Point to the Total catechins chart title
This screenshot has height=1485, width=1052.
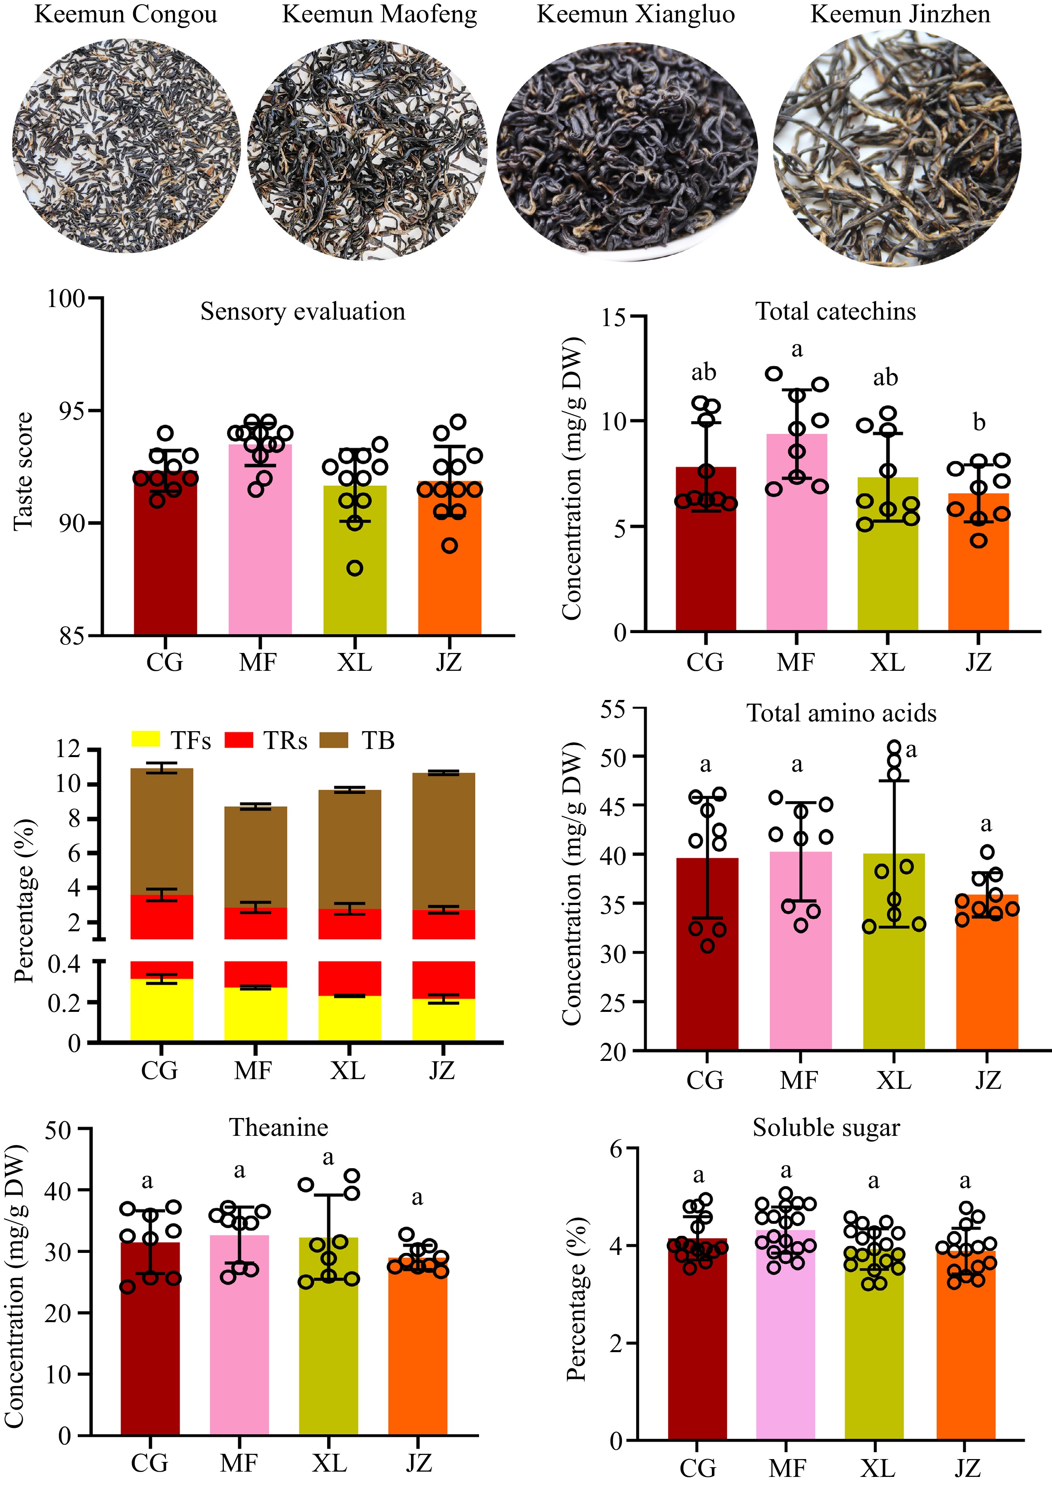(x=836, y=312)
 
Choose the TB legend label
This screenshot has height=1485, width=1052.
(x=378, y=740)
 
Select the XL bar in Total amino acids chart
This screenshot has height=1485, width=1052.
(x=894, y=959)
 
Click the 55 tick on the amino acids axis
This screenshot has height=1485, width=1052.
(x=613, y=709)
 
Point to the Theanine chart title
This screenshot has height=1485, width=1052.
(x=279, y=1128)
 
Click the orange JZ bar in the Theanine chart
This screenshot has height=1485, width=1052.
(x=418, y=1348)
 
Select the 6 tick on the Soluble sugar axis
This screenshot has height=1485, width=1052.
(x=615, y=1149)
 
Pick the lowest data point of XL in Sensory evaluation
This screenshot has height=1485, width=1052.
(x=354, y=568)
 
